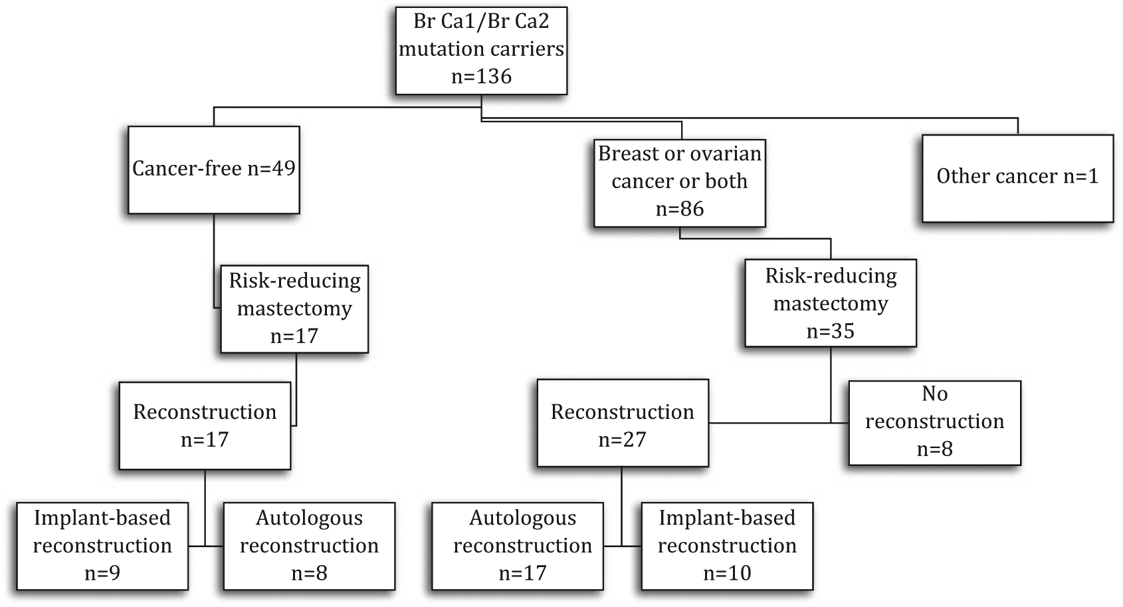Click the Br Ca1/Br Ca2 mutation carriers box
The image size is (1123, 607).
point(481,51)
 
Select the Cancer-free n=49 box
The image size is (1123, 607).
point(214,170)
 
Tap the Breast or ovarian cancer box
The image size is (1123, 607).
point(680,183)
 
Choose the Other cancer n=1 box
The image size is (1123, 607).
point(1018,178)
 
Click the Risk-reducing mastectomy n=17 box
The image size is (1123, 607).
point(295,309)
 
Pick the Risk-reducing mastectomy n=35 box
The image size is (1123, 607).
point(831,303)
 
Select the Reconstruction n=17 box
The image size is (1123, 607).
point(205,426)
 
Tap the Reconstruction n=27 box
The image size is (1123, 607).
point(623,423)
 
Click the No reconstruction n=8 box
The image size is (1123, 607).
point(935,423)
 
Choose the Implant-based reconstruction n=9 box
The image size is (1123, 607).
point(102,546)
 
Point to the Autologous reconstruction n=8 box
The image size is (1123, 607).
point(310,546)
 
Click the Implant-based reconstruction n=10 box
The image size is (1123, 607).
point(728,546)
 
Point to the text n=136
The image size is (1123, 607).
point(481,76)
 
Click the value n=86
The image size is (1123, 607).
point(680,209)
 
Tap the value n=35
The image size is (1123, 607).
point(831,331)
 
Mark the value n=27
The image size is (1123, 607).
point(623,440)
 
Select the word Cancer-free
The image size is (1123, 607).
point(187,169)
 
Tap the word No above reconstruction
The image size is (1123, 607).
point(935,394)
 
